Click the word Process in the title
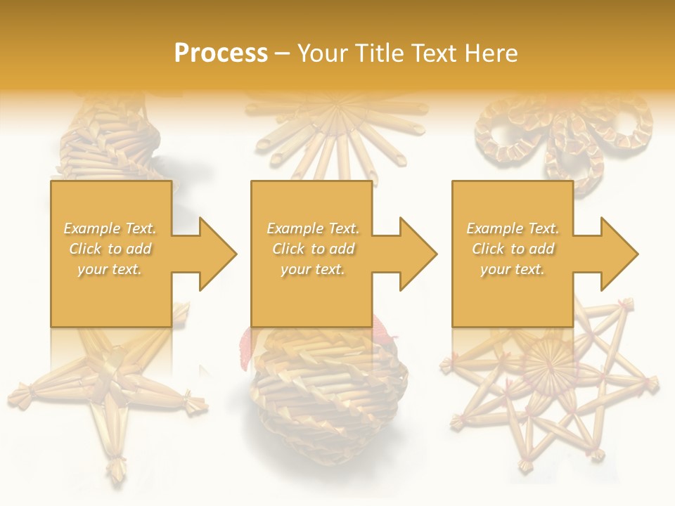pos(221,53)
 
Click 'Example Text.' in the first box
pos(110,228)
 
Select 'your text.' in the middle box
pos(312,269)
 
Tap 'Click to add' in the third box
pos(513,249)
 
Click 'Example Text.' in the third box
pos(513,228)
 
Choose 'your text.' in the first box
pos(110,269)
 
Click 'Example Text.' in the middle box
pos(312,228)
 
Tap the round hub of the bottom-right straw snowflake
pos(551,365)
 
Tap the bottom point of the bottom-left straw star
pos(115,469)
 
